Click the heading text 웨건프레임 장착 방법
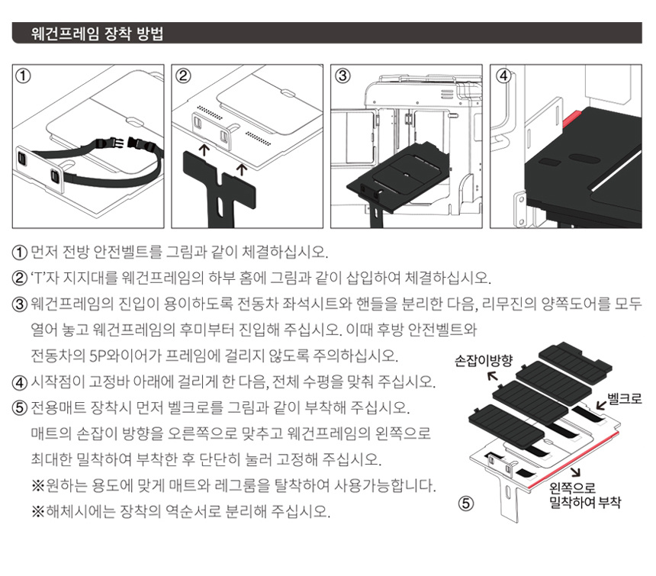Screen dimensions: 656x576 click(x=97, y=34)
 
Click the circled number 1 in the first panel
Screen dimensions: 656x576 click(x=23, y=76)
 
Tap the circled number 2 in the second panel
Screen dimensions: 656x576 click(x=183, y=76)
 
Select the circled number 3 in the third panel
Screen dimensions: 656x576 click(x=342, y=76)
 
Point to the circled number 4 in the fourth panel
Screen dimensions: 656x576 click(x=503, y=76)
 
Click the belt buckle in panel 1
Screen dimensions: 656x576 click(x=126, y=144)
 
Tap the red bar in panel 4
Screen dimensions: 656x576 click(x=571, y=119)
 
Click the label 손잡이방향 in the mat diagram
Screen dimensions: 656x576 click(x=483, y=361)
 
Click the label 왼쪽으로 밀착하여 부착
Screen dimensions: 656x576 click(x=585, y=495)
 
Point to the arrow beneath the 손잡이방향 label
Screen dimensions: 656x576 click(x=494, y=376)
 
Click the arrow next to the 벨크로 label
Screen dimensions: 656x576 click(x=601, y=404)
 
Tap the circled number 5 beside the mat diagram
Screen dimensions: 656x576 click(x=466, y=504)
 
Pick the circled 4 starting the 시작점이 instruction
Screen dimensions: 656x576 click(x=20, y=382)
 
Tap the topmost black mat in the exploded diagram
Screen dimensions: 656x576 click(x=575, y=358)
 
